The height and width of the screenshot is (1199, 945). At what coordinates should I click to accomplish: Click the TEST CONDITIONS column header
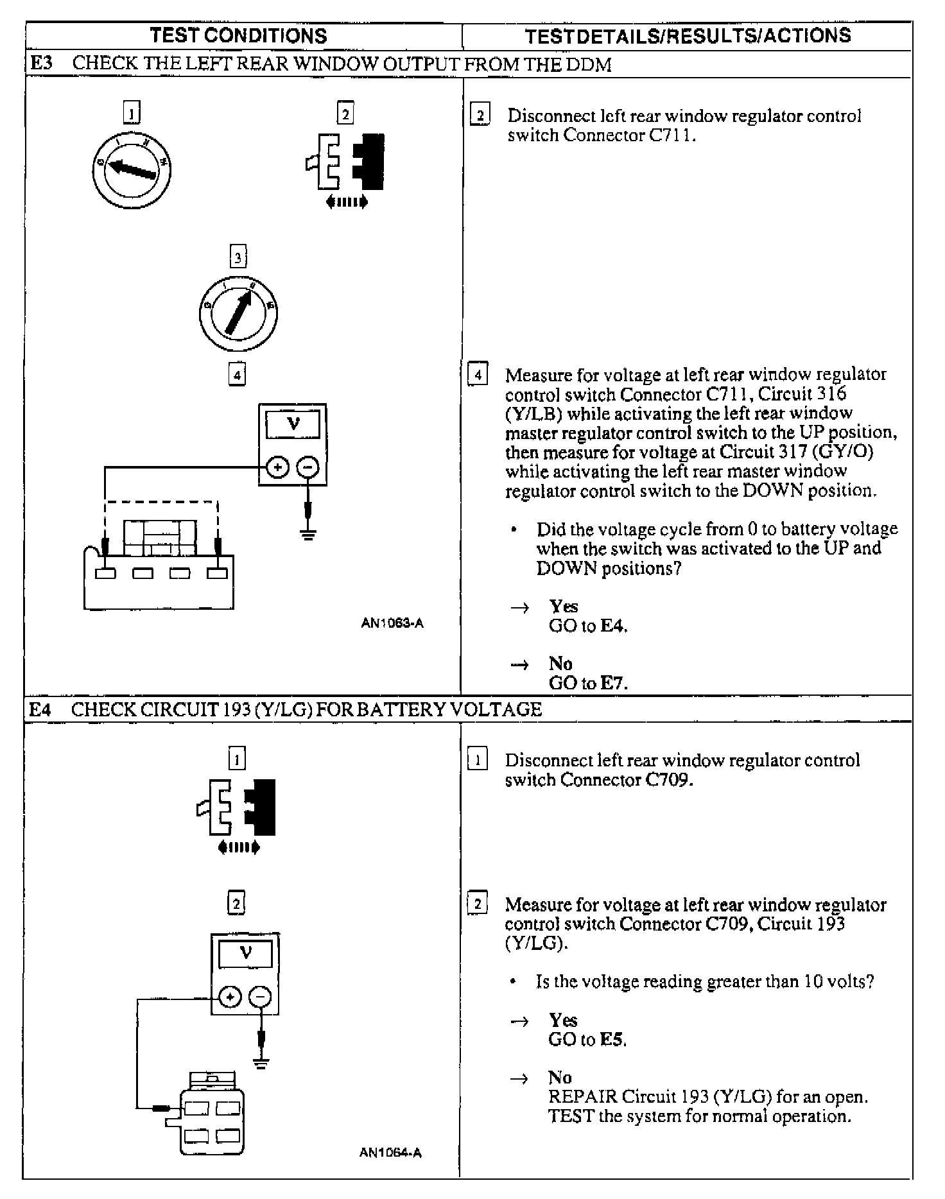point(238,35)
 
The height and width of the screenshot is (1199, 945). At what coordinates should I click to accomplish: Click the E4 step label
point(40,709)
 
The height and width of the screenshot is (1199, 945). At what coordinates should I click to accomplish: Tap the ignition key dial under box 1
point(131,169)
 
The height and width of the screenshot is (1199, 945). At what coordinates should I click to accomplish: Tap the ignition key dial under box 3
point(238,313)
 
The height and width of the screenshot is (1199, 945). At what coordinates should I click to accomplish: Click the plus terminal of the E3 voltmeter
point(277,467)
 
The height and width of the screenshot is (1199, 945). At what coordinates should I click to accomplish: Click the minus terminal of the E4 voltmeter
point(260,997)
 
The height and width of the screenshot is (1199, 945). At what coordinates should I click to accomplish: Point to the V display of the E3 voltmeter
point(293,425)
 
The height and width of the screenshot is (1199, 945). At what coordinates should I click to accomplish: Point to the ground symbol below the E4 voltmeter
point(261,1063)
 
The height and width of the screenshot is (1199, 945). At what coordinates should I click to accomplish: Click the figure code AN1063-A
point(392,623)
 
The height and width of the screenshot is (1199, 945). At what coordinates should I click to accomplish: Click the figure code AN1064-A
point(390,1152)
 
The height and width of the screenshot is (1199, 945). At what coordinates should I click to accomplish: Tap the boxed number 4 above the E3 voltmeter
point(237,374)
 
